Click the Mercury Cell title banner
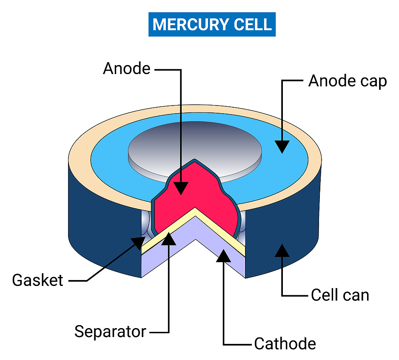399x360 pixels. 212,24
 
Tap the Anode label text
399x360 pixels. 127,69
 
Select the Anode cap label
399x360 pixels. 348,81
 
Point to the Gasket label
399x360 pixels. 38,281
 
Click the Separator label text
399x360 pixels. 110,331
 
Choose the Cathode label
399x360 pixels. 285,344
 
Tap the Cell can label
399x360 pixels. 340,295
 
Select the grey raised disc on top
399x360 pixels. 195,147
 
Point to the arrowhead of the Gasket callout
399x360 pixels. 138,243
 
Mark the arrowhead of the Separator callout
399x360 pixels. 169,240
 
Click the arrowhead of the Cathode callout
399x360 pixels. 223,254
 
